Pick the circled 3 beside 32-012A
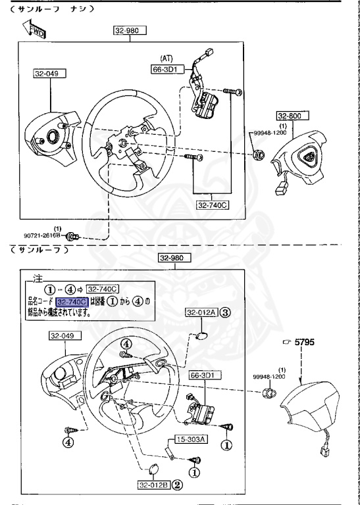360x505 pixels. [x=225, y=313]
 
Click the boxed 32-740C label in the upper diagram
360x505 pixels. [x=212, y=205]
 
